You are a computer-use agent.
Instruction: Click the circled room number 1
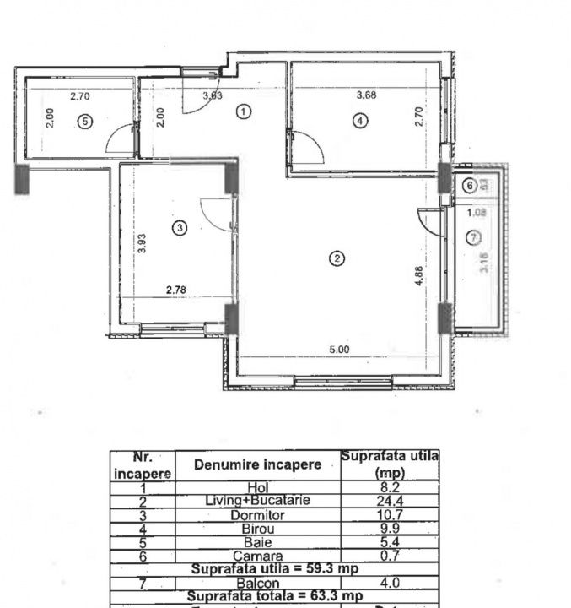point(243,111)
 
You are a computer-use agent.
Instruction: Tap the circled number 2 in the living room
point(337,259)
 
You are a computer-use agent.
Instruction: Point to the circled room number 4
point(361,121)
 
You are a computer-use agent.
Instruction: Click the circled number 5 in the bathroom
point(83,121)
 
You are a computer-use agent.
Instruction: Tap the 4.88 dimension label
point(419,278)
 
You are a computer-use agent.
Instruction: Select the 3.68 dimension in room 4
point(366,95)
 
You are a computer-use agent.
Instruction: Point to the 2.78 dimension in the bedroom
point(175,290)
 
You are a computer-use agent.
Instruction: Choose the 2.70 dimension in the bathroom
point(80,96)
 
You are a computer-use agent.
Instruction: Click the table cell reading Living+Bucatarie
point(257,501)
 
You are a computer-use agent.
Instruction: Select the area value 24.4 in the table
point(390,501)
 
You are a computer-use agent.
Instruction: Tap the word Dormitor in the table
point(257,514)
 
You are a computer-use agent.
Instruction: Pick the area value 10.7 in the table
point(390,514)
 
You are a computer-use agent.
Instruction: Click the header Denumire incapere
point(257,465)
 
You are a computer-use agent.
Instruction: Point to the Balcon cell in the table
point(257,583)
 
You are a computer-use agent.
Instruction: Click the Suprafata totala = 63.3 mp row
point(274,596)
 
